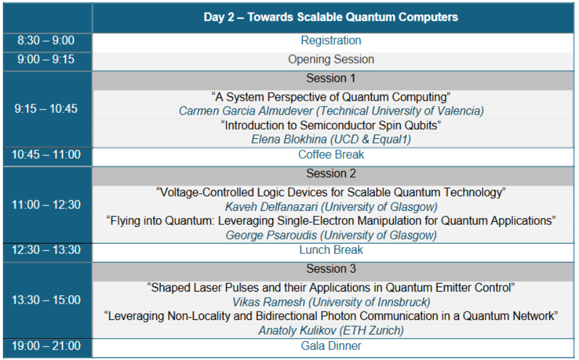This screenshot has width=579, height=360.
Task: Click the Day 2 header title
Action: point(331,17)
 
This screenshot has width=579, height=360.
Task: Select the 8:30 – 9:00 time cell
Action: point(46,40)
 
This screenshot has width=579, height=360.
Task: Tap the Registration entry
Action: point(331,40)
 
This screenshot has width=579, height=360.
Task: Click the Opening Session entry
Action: point(331,59)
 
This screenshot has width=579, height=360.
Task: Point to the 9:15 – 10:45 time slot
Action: point(46,108)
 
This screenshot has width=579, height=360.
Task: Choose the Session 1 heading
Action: point(331,78)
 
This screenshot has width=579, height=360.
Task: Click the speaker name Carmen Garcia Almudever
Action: point(245,111)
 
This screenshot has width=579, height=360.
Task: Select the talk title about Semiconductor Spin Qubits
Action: point(331,125)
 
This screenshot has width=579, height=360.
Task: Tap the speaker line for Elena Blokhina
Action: point(331,139)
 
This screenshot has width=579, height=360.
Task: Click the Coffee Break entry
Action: point(331,155)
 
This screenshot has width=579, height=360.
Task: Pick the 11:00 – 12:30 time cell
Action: point(46,204)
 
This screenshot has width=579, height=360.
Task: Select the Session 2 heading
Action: point(331,173)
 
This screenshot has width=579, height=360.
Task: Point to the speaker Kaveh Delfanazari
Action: point(271,207)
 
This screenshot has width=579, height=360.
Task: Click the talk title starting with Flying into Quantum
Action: point(331,221)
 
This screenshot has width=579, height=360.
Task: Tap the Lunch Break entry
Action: point(331,250)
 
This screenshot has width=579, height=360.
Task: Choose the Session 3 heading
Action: point(331,268)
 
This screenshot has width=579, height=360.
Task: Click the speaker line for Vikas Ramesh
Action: point(331,302)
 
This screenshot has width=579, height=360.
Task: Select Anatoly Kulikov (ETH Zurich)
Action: point(331,330)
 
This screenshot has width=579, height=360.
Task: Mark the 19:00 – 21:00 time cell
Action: point(46,346)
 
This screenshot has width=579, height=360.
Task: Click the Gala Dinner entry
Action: point(331,346)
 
